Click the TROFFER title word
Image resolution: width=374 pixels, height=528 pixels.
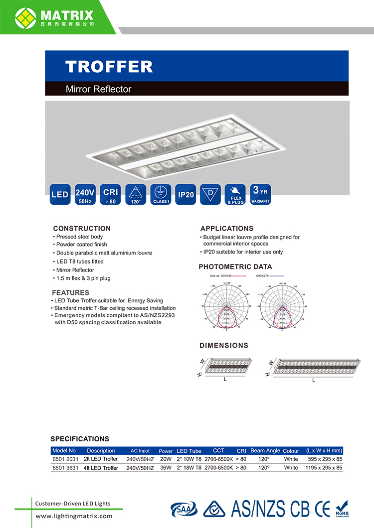109,67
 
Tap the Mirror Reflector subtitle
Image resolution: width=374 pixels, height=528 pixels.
99,89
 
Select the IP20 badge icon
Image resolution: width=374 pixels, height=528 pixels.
186,195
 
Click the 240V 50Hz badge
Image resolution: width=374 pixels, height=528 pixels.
85,195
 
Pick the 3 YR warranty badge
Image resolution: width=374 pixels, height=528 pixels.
260,195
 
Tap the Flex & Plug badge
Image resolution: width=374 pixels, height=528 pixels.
235,195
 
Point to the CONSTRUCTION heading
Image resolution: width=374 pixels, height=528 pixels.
82,228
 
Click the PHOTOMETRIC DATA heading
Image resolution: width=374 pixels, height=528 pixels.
235,266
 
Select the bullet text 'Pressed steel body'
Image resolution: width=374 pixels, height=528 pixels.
79,237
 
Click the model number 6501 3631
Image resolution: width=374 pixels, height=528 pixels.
65,468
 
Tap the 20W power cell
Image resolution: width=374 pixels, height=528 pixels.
166,459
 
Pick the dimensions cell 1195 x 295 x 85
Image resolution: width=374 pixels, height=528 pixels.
325,468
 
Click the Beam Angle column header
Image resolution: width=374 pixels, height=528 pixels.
265,450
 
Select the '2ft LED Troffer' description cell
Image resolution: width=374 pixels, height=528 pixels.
101,459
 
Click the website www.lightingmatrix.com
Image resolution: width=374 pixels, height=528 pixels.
74,516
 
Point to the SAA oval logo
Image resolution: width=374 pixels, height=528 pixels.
184,509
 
